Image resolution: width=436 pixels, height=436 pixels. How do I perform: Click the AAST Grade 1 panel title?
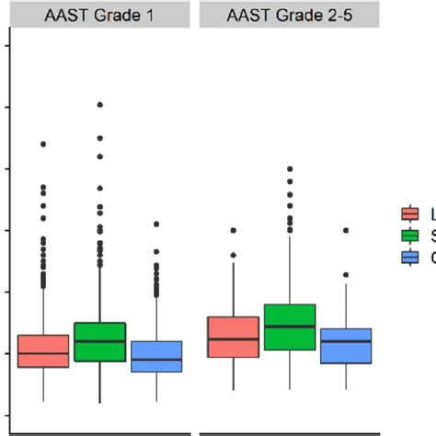[x=99, y=15]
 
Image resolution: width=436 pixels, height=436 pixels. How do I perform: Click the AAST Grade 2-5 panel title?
[x=290, y=15]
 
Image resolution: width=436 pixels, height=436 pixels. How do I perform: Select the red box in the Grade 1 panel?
[x=43, y=350]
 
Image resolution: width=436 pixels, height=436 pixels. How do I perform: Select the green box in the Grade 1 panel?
[x=99, y=341]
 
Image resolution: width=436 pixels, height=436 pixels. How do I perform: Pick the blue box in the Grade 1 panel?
[x=155, y=356]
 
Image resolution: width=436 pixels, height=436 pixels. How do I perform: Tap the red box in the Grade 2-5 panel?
[x=233, y=337]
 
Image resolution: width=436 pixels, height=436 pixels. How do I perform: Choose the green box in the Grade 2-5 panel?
[x=290, y=327]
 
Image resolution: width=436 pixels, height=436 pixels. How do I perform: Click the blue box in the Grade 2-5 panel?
[x=346, y=346]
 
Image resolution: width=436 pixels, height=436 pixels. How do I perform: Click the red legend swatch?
[x=410, y=214]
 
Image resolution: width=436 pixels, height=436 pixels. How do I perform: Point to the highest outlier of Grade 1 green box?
[x=99, y=105]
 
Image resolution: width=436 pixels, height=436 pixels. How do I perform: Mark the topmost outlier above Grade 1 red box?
[x=43, y=144]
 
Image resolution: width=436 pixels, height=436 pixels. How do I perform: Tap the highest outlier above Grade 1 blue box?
[x=155, y=224]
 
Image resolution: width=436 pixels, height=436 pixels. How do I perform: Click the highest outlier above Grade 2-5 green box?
[x=290, y=169]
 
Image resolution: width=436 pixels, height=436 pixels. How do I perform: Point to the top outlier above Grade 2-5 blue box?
[x=346, y=230]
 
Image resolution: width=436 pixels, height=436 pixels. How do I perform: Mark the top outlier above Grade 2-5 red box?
[x=233, y=230]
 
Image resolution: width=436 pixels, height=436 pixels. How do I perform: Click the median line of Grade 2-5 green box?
[x=290, y=326]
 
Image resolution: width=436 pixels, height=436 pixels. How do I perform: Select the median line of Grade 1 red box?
[x=43, y=352]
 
